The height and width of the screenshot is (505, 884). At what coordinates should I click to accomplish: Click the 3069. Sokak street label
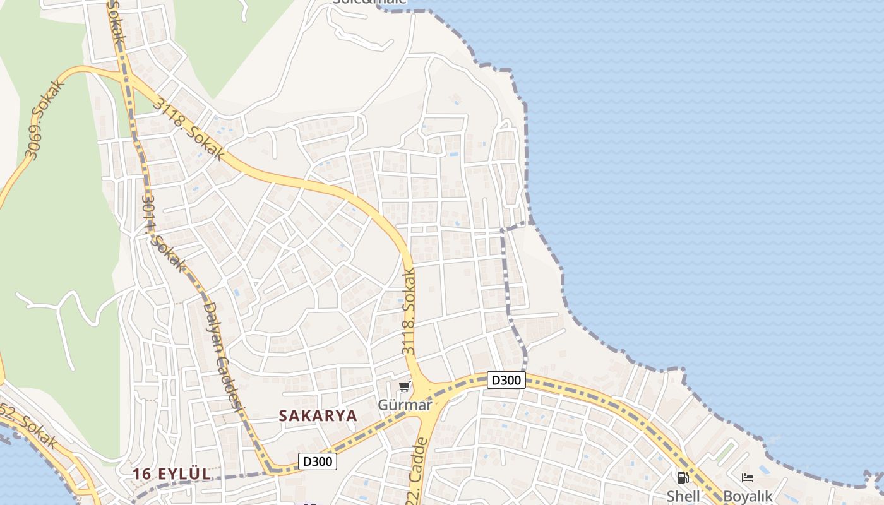(45, 119)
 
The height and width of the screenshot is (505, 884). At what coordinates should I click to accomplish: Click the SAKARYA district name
(318, 415)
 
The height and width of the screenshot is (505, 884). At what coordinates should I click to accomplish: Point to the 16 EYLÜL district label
(171, 474)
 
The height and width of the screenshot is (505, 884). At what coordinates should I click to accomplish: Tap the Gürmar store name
(405, 405)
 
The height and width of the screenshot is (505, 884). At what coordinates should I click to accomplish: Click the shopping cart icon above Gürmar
(404, 386)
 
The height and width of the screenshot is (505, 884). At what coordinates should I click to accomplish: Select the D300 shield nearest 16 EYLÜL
(317, 461)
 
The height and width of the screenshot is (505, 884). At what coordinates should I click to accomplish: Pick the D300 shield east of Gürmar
(506, 380)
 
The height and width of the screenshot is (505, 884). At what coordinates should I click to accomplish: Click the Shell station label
(683, 496)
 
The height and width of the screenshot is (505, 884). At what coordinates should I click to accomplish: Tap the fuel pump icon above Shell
(683, 478)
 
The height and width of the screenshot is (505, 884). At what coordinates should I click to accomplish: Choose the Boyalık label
(748, 496)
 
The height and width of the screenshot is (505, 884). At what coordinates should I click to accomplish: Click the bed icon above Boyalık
(748, 478)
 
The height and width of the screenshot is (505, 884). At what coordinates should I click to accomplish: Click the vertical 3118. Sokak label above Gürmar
(409, 311)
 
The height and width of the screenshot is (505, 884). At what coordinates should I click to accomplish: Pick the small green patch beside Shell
(727, 452)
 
